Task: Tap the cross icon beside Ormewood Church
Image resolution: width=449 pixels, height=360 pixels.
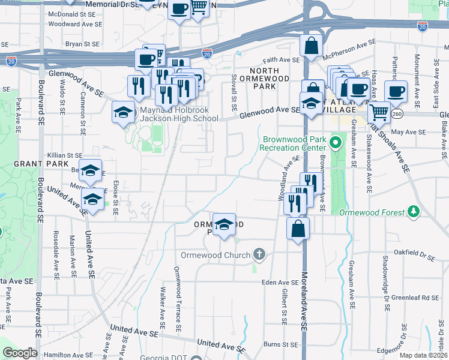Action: click(259, 255)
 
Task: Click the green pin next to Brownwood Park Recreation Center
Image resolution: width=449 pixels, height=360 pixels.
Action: click(336, 143)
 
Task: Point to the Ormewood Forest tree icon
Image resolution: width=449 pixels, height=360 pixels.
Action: click(413, 212)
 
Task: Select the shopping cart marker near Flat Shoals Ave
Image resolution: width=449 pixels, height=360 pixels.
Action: click(378, 112)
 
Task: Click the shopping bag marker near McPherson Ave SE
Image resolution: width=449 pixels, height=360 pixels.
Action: click(312, 46)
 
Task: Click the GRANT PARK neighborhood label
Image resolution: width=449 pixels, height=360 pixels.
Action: click(34, 163)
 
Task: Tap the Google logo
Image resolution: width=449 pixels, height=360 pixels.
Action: click(20, 353)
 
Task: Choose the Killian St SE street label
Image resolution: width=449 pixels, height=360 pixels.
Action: click(65, 155)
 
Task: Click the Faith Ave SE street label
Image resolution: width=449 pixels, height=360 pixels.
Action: click(281, 60)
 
